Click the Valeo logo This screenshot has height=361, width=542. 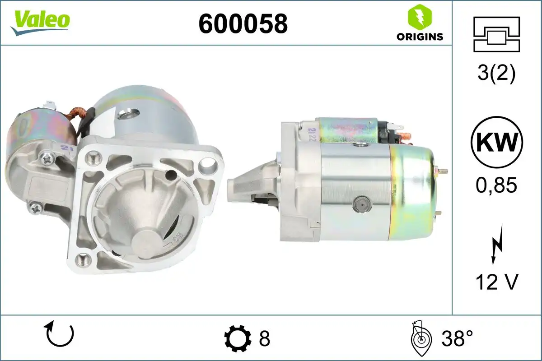(x=40, y=23)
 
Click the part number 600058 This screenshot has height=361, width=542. (x=243, y=24)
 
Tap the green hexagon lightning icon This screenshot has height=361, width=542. (x=420, y=16)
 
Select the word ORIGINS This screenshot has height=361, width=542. (x=420, y=37)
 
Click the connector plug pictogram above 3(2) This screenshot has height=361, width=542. (x=496, y=34)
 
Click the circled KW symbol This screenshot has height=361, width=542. (x=497, y=143)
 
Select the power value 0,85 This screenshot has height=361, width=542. (x=496, y=185)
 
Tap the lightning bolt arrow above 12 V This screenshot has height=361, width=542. (x=496, y=245)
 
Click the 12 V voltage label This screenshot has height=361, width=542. (x=497, y=282)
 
